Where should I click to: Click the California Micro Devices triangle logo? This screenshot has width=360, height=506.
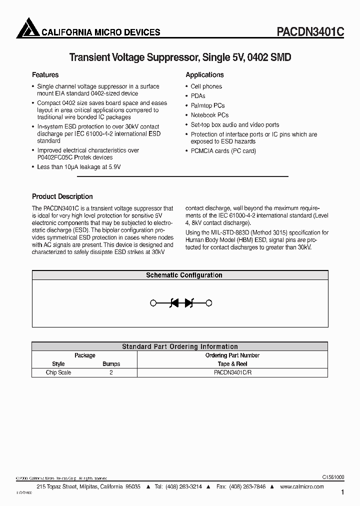[x=27, y=28]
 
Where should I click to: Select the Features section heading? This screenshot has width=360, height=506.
[x=45, y=75]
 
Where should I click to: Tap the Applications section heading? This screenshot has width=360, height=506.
[x=204, y=75]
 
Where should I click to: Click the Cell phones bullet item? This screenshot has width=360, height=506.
[x=206, y=86]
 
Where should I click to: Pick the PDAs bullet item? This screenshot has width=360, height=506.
[x=198, y=96]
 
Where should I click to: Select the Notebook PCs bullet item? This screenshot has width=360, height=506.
[x=209, y=115]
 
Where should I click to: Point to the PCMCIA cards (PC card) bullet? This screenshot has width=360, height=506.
[x=223, y=150]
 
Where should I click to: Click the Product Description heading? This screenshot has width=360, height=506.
[x=62, y=196]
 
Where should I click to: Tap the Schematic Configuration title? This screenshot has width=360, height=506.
[x=184, y=275]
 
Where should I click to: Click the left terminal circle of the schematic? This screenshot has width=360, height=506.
[x=153, y=302]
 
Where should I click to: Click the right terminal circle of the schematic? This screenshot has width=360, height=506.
[x=209, y=302]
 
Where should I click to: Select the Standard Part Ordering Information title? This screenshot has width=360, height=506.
[x=180, y=346]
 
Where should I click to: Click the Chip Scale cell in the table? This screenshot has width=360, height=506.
[x=58, y=372]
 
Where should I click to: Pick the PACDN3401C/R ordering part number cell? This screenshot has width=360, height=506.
[x=232, y=372]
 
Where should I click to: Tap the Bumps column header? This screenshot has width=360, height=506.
[x=111, y=364]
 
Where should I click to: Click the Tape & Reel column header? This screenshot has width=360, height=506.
[x=232, y=364]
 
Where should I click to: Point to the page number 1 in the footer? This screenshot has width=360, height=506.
[x=342, y=492]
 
